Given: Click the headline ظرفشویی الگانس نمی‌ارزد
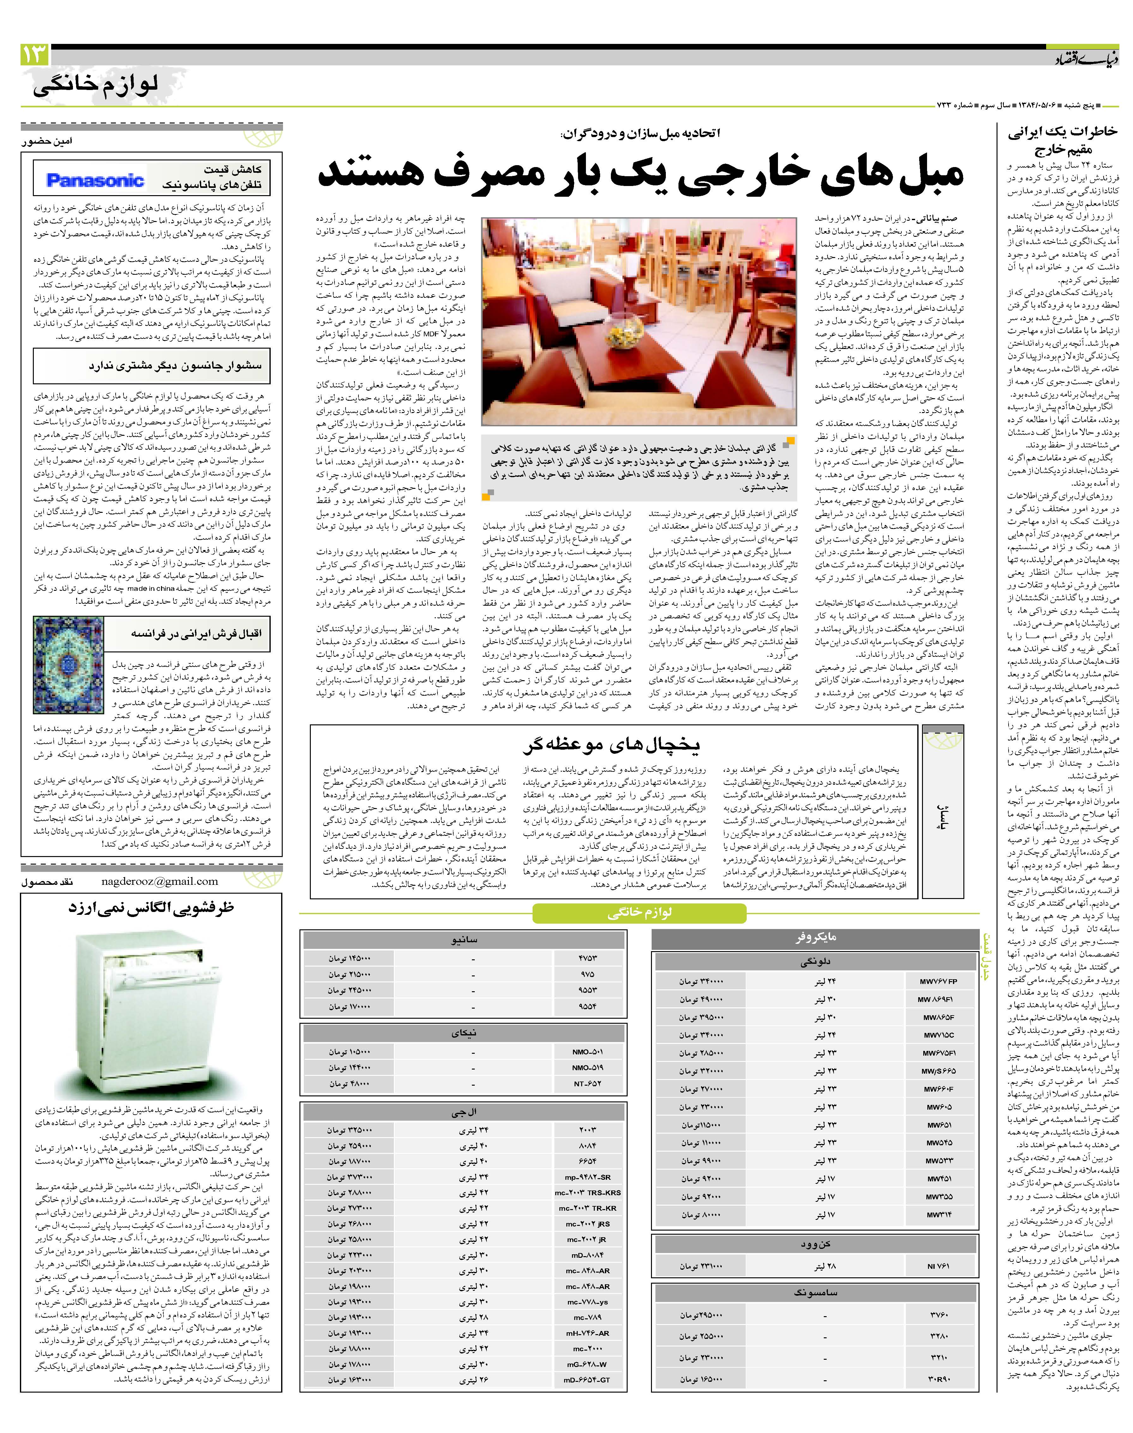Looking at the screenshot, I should point(151,907).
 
